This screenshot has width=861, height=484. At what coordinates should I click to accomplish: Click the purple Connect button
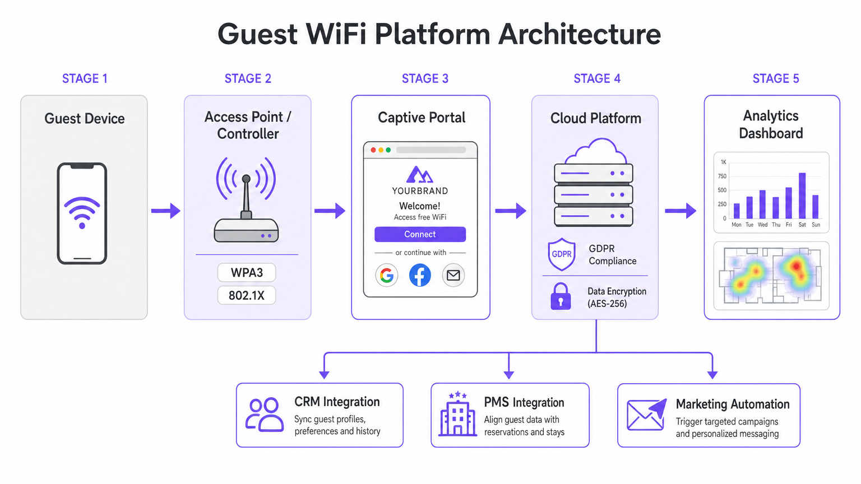click(x=420, y=234)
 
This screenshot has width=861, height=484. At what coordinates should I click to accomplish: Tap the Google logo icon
click(x=386, y=275)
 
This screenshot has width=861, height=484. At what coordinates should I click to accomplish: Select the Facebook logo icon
click(x=420, y=275)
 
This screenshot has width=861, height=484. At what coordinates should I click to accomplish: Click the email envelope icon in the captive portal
click(x=453, y=275)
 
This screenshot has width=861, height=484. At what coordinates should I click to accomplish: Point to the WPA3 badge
click(x=247, y=273)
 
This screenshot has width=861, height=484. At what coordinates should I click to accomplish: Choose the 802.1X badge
click(x=247, y=295)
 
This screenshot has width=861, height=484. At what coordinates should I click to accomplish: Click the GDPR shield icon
click(x=561, y=254)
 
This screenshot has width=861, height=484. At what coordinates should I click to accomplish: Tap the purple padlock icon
click(x=561, y=297)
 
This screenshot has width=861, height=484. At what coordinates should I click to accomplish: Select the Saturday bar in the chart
click(x=802, y=196)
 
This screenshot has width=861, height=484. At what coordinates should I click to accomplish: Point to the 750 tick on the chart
click(x=722, y=176)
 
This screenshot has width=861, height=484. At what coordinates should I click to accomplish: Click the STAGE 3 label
click(x=425, y=78)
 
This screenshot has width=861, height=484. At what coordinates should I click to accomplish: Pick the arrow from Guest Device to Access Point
click(x=166, y=211)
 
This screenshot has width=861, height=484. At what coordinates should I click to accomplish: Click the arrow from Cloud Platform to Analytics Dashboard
click(x=681, y=211)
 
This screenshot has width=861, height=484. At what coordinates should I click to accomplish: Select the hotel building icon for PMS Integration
click(x=457, y=415)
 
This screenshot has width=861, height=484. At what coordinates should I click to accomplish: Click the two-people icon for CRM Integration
click(x=264, y=415)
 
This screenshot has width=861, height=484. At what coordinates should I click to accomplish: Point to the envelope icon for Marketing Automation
click(x=646, y=415)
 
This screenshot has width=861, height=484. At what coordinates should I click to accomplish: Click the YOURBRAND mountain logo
click(x=419, y=174)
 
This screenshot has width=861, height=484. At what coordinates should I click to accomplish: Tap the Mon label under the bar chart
click(x=736, y=225)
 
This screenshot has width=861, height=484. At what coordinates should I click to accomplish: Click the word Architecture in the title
click(x=580, y=34)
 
